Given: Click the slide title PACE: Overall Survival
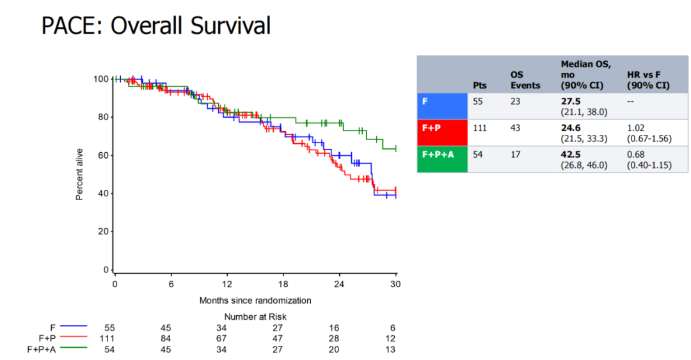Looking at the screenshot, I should click(x=155, y=26).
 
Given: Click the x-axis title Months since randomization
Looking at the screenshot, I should click(x=255, y=300).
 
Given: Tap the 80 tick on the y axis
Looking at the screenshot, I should click(x=101, y=117).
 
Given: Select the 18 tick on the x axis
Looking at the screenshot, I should click(x=283, y=283).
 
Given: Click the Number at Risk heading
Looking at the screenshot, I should click(x=255, y=317).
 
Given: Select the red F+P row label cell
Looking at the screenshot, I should click(x=442, y=133).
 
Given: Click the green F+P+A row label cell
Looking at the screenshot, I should click(x=442, y=159).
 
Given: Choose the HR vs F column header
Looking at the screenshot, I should click(x=648, y=80).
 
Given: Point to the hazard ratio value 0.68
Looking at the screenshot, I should click(x=637, y=154).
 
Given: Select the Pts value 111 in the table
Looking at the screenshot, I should click(x=479, y=128).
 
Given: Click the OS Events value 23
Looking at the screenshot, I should click(x=516, y=101).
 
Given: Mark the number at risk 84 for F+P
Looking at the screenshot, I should click(x=166, y=338).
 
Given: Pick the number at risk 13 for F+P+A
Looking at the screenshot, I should click(x=391, y=349).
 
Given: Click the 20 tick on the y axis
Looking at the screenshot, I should click(x=101, y=231).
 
